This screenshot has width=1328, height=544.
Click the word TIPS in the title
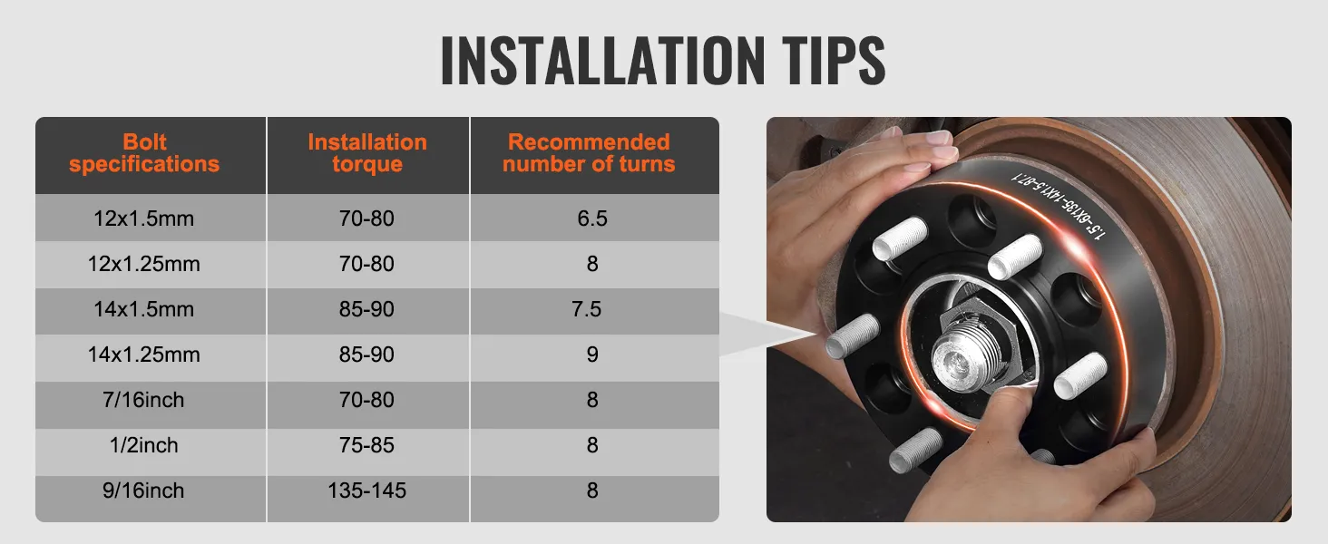click(x=832, y=61)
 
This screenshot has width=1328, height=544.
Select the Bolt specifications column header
click(x=144, y=153)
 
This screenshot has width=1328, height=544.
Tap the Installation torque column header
click(x=367, y=153)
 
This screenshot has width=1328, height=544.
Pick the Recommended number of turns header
click(x=589, y=153)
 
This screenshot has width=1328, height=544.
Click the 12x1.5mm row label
click(x=144, y=219)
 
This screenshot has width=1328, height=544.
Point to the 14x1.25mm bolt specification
click(x=144, y=355)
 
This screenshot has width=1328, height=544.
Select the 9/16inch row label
click(x=144, y=491)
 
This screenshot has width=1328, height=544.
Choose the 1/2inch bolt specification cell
click(x=144, y=446)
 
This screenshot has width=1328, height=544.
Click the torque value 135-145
click(x=367, y=491)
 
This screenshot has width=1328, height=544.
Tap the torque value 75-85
click(x=367, y=446)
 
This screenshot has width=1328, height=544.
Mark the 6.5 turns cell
click(x=592, y=219)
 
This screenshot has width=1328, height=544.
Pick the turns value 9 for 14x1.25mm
click(x=592, y=355)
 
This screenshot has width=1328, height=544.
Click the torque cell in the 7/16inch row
click(x=367, y=401)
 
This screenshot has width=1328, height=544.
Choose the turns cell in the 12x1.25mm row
click(x=592, y=265)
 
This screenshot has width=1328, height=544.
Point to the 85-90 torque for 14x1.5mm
click(x=367, y=310)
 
